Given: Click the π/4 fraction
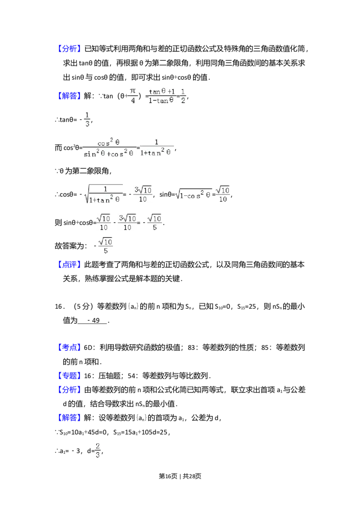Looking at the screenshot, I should pyautogui.click(x=133, y=95).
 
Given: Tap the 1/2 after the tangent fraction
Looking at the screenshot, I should pyautogui.click(x=183, y=95).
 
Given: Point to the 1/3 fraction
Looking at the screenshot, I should pyautogui.click(x=87, y=119).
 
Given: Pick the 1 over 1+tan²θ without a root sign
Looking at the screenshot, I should pyautogui.click(x=157, y=147).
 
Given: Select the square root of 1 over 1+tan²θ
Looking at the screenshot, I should pyautogui.click(x=104, y=194).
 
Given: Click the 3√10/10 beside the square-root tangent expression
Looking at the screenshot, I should pyautogui.click(x=144, y=194).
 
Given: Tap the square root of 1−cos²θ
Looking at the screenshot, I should pyautogui.click(x=193, y=194).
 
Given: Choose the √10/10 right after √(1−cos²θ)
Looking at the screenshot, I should pyautogui.click(x=221, y=194).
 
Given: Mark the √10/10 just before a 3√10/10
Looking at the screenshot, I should pyautogui.click(x=103, y=223).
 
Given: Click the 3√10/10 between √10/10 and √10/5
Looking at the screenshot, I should pyautogui.click(x=127, y=223).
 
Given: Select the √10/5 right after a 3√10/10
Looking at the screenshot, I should pyautogui.click(x=154, y=223).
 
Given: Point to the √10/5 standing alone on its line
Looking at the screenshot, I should pyautogui.click(x=106, y=245).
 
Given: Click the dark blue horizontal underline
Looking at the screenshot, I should pyautogui.click(x=97, y=423).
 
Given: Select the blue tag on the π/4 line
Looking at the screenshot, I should pyautogui.click(x=70, y=95).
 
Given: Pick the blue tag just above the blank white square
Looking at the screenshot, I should pyautogui.click(x=70, y=347).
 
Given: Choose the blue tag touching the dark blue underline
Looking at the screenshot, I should pyautogui.click(x=70, y=417).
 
